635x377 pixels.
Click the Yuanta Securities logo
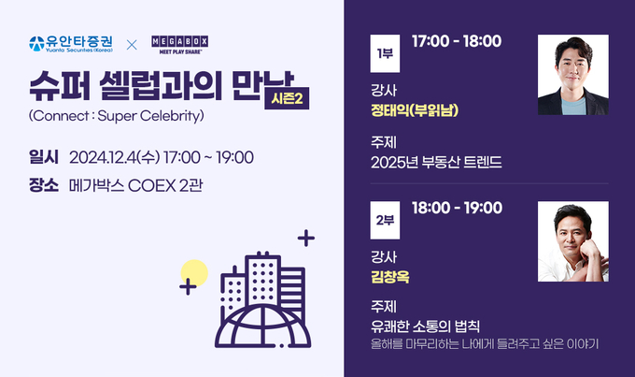pos(71,44)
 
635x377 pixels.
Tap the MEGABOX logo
pos(180,45)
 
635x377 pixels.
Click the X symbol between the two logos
pos(132,45)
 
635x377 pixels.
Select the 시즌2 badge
pos(287,98)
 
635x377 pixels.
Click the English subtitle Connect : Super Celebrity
pos(116,116)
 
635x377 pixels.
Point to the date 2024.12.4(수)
pos(115,157)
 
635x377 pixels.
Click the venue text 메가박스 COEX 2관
pos(135,186)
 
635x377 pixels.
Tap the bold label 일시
pos(43,157)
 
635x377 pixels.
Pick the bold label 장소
pos(43,185)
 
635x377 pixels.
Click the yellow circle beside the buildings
pos(195,272)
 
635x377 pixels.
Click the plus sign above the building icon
pos(306,239)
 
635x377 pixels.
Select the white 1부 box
pos(385,53)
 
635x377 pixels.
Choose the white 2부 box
pos(385,221)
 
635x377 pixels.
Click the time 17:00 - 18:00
pos(457,41)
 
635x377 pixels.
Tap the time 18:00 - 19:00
pos(457,209)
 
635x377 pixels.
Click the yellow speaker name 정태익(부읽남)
pos(415,110)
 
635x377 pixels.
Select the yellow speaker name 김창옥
pos(390,277)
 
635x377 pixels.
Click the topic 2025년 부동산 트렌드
pos(436,163)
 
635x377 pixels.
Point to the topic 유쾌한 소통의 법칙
pos(425,326)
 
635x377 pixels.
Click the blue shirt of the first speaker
pos(573,107)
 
